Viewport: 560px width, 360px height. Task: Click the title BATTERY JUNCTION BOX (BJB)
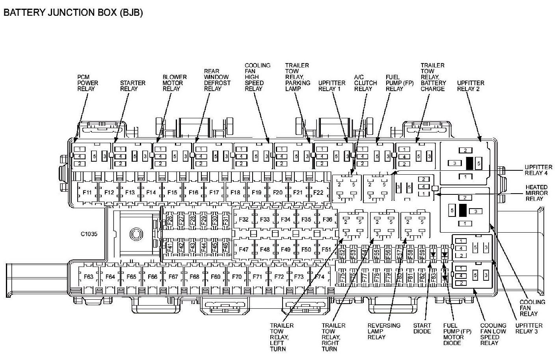pyautogui.click(x=73, y=12)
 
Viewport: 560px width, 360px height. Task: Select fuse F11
pyautogui.click(x=87, y=192)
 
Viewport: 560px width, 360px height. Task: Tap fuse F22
pyautogui.click(x=318, y=192)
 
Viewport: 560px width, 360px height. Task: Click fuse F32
pyautogui.click(x=244, y=219)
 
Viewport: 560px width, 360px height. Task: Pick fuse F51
pyautogui.click(x=326, y=250)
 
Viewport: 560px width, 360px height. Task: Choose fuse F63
pyautogui.click(x=89, y=277)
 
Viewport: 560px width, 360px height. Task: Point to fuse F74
pyautogui.click(x=320, y=277)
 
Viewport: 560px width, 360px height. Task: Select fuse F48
pyautogui.click(x=265, y=250)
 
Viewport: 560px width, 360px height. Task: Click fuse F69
pyautogui.click(x=215, y=277)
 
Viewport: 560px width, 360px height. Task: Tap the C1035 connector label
pyautogui.click(x=89, y=234)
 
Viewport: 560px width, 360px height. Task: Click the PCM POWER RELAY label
pyautogui.click(x=87, y=83)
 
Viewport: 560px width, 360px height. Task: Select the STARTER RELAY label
pyautogui.click(x=132, y=86)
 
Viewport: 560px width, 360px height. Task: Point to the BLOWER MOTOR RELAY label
pyautogui.click(x=175, y=83)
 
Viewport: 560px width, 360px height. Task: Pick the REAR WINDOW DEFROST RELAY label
pyautogui.click(x=217, y=80)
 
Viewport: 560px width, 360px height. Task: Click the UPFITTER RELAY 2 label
pyautogui.click(x=471, y=86)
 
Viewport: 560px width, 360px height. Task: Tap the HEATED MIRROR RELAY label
pyautogui.click(x=536, y=193)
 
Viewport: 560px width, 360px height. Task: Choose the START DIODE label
pyautogui.click(x=422, y=328)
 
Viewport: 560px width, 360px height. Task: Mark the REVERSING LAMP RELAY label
pyautogui.click(x=384, y=331)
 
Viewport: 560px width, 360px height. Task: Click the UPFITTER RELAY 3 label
pyautogui.click(x=529, y=328)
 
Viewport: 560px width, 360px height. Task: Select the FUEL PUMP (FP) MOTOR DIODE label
pyautogui.click(x=457, y=334)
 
